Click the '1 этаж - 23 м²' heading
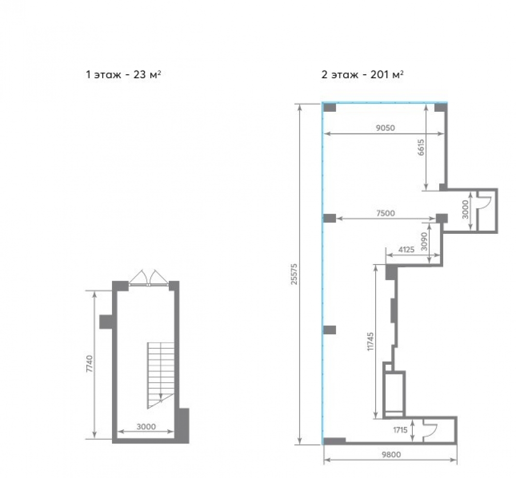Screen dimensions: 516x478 coord(123,75)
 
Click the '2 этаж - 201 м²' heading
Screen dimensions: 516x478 coord(363,75)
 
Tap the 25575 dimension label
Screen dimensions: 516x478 coord(294,274)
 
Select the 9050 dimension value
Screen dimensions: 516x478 coord(385,128)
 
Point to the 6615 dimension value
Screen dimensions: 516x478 coord(421,147)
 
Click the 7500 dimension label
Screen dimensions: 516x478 coord(385,213)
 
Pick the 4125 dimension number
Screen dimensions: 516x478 coord(406,250)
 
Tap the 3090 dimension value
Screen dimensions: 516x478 coord(425,241)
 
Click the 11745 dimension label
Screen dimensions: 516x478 coord(370,342)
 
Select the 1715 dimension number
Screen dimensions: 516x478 coord(400,430)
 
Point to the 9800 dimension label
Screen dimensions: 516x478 coord(391,454)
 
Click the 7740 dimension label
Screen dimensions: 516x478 coord(89,363)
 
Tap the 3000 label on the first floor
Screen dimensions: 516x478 coord(146,426)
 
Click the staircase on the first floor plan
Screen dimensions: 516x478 coord(160,375)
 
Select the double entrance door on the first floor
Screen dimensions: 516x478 coord(149,278)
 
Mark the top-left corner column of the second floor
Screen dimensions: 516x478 coord(329,108)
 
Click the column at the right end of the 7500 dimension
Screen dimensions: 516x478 coord(442,218)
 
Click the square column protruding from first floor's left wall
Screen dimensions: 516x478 coord(107,321)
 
